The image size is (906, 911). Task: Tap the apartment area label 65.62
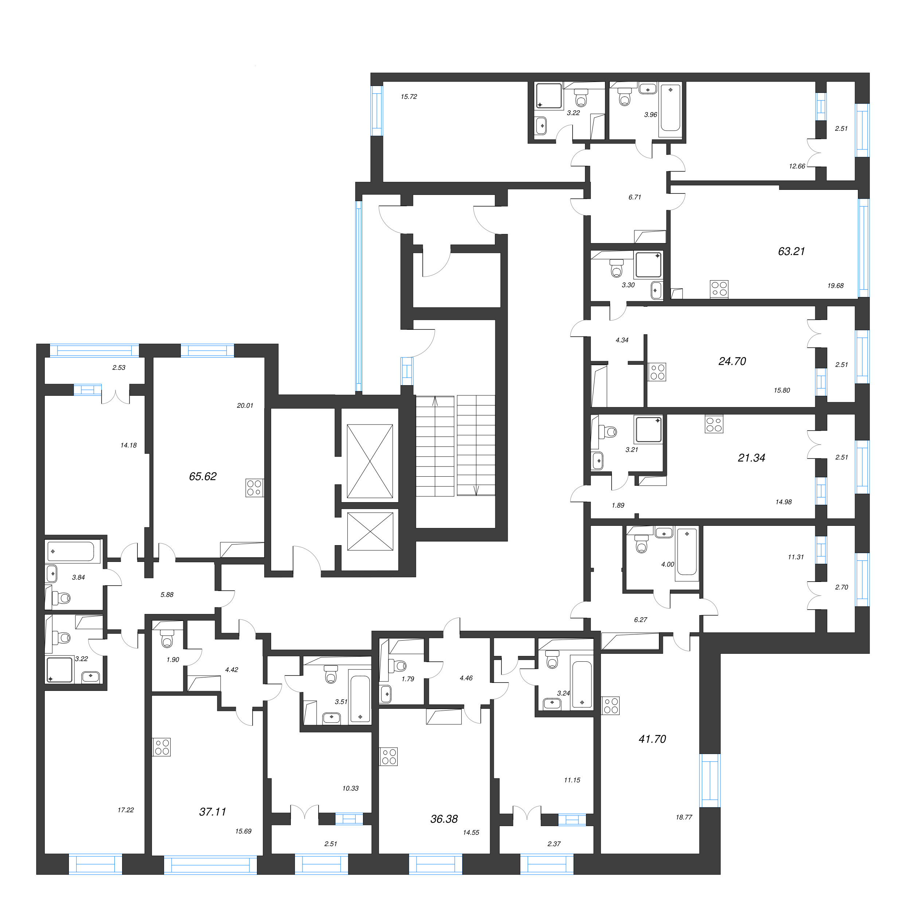tap(202, 476)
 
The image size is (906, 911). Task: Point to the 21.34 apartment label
tap(751, 457)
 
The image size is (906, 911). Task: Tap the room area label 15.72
tap(409, 97)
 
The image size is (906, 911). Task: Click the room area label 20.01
tap(245, 405)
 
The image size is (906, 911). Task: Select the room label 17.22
tap(125, 810)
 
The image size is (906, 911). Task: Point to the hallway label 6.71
tap(634, 197)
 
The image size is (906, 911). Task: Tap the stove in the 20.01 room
tap(254, 488)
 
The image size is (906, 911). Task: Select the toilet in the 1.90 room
tap(167, 640)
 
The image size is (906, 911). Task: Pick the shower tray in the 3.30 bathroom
tap(648, 265)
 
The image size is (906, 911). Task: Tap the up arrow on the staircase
tap(435, 401)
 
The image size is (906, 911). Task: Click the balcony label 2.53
tap(118, 367)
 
